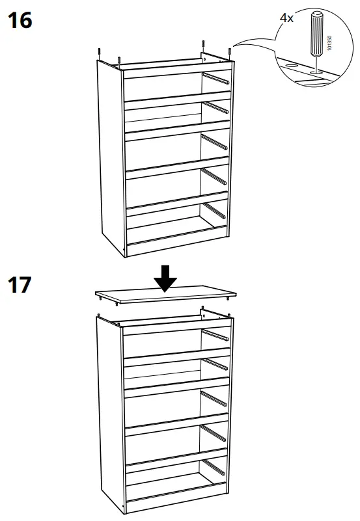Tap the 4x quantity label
pyautogui.click(x=286, y=19)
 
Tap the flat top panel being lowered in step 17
pyautogui.click(x=163, y=297)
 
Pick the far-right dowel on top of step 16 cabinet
pyautogui.click(x=229, y=51)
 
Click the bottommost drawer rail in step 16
pyautogui.click(x=215, y=211)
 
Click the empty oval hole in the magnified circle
pyautogui.click(x=289, y=66)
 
